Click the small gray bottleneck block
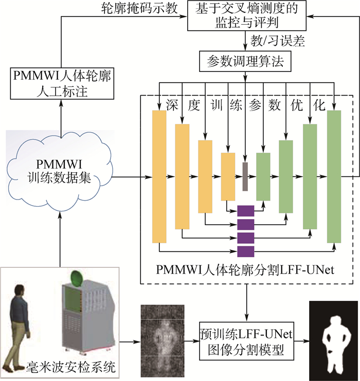pyautogui.click(x=245, y=176)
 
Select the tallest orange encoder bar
pyautogui.click(x=159, y=176)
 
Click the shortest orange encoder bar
pyautogui.click(x=228, y=176)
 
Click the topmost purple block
pyautogui.click(x=246, y=211)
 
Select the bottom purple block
pyautogui.click(x=246, y=251)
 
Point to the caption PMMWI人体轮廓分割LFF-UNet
pyautogui.click(x=246, y=269)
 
